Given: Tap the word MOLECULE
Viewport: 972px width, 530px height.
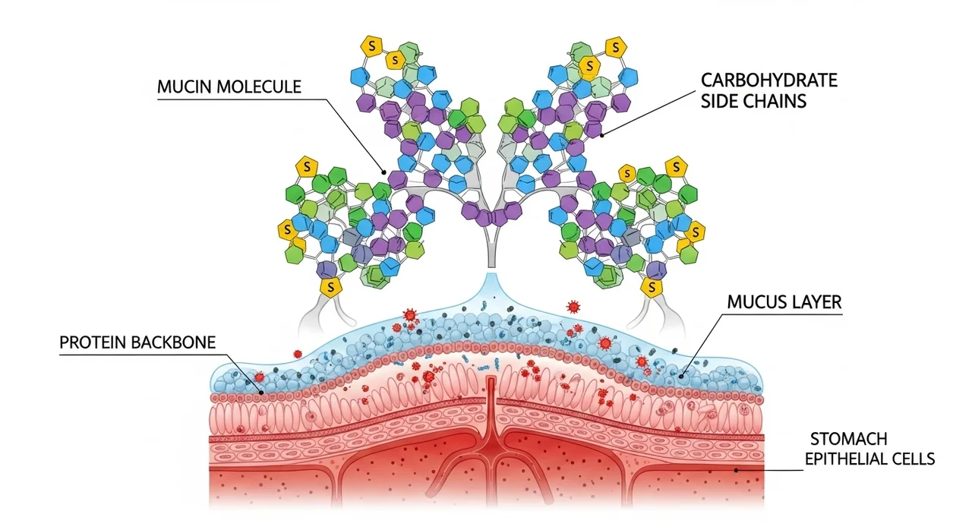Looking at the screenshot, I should (260, 87).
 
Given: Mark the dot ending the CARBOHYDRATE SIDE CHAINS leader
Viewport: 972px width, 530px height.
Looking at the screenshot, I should (602, 136).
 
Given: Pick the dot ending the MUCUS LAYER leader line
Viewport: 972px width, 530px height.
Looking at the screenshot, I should (681, 374).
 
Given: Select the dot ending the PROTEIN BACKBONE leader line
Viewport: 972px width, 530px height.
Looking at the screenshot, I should (263, 393).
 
